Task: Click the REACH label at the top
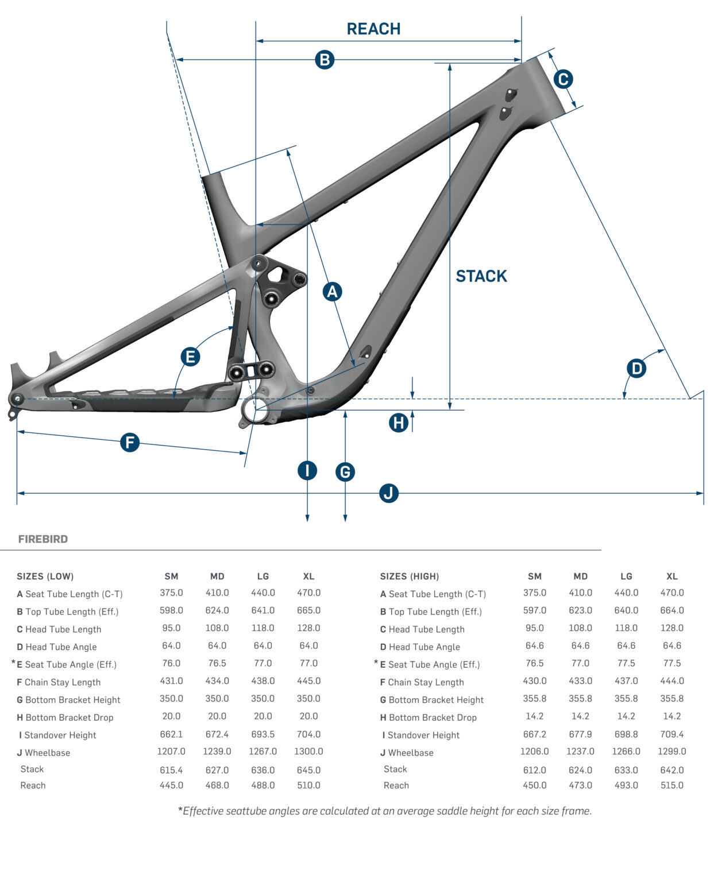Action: (x=373, y=29)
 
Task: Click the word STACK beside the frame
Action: (x=481, y=276)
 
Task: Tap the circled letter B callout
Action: (x=325, y=60)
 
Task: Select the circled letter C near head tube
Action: (x=563, y=79)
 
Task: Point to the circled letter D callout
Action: (x=636, y=368)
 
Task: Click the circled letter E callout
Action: (x=190, y=357)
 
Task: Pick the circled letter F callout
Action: (x=130, y=443)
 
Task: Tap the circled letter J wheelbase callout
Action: (x=389, y=493)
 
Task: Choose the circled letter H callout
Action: (x=399, y=423)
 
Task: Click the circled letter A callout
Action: (x=332, y=292)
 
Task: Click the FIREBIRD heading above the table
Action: (x=43, y=539)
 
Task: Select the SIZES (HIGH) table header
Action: (x=410, y=577)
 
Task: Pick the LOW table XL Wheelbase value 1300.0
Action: (x=308, y=751)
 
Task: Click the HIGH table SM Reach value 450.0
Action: (x=534, y=785)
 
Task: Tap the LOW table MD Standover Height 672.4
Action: (x=217, y=734)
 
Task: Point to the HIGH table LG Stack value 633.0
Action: (x=626, y=770)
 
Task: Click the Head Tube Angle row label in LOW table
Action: (x=61, y=647)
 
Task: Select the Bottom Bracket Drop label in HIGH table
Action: (x=433, y=718)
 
